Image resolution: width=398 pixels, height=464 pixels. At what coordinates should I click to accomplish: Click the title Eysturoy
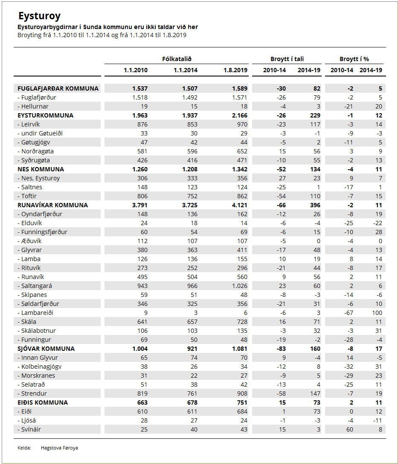[x=39, y=16]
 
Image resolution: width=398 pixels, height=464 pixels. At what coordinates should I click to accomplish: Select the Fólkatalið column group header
[x=177, y=59]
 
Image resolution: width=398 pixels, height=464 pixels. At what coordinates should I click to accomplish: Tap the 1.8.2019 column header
[x=235, y=70]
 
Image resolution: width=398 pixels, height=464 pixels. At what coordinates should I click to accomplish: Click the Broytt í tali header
[x=287, y=59]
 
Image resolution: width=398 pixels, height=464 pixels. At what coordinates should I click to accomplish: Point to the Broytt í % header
[x=354, y=59]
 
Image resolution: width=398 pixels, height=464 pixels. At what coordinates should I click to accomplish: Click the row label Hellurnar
[x=33, y=106]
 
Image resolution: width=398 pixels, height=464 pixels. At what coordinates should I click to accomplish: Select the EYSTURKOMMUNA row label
[x=45, y=115]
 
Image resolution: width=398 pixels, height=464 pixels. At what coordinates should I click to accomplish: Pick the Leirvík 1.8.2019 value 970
[x=242, y=124]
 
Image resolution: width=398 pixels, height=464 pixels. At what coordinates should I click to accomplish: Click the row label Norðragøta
[x=35, y=151]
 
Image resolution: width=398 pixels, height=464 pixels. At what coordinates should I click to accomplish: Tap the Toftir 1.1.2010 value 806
[x=142, y=196]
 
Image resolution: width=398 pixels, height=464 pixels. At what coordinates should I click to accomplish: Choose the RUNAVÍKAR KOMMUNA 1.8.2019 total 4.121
[x=240, y=205]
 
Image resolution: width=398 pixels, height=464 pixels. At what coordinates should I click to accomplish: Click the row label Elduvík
[x=29, y=223]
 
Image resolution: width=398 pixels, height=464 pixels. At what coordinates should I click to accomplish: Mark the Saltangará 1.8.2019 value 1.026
[x=240, y=286]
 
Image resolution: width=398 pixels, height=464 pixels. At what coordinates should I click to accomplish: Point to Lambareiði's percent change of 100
[x=377, y=312]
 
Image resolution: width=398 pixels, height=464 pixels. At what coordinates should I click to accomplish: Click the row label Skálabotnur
[x=36, y=331]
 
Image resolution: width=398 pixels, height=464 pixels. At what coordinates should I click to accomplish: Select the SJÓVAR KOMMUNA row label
[x=46, y=349]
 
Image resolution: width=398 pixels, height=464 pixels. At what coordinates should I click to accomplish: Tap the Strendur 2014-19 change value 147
[x=315, y=393]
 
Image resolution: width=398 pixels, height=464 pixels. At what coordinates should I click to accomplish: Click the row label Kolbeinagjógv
[x=39, y=366]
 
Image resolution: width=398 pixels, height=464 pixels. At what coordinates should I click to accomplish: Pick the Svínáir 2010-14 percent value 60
[x=349, y=429]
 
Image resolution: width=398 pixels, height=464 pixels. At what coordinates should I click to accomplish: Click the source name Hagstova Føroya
[x=59, y=448]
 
